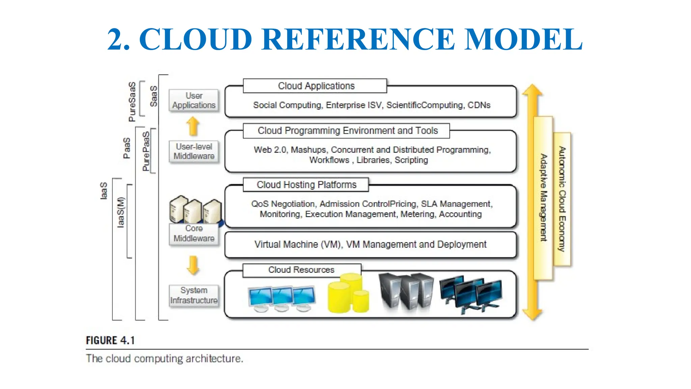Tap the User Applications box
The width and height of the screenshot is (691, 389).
[194, 100]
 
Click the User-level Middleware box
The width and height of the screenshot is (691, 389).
[194, 151]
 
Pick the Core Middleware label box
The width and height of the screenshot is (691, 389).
[194, 233]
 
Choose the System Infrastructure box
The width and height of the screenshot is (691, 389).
[194, 295]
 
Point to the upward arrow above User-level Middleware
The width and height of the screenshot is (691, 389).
[193, 126]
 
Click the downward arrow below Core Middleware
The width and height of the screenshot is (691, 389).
[193, 265]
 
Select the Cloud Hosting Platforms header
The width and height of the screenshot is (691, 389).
[306, 185]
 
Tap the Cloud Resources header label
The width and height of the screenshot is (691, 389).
[301, 270]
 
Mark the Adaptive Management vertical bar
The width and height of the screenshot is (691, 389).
[543, 198]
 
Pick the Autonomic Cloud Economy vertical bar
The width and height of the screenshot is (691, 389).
[562, 199]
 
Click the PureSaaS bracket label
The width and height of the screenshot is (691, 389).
[132, 101]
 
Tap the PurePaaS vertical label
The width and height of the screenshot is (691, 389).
[146, 151]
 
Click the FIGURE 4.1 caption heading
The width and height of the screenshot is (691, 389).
[110, 340]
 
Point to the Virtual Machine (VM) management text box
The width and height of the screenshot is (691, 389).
[370, 244]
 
